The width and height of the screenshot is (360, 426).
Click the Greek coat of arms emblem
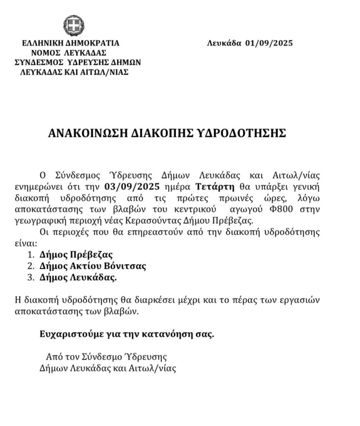[74, 25]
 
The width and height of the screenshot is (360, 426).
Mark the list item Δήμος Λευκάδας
[78, 277]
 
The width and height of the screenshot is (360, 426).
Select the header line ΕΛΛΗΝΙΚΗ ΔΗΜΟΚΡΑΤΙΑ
[72, 43]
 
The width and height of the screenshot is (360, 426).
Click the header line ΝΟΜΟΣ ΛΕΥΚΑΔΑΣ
[69, 52]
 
